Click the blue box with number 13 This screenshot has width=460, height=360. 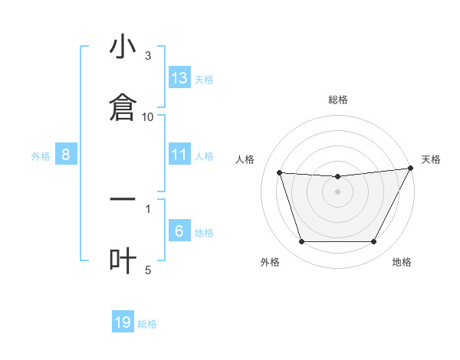pyautogui.click(x=179, y=78)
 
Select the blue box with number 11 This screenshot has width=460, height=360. pyautogui.click(x=179, y=155)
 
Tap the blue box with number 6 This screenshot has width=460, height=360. pyautogui.click(x=179, y=231)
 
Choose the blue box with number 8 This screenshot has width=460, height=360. pyautogui.click(x=66, y=155)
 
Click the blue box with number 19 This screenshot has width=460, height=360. pyautogui.click(x=123, y=322)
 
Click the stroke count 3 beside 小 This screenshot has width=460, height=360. pyautogui.click(x=148, y=56)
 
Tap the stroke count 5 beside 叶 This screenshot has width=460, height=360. pyautogui.click(x=148, y=270)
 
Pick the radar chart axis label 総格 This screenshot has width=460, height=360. pyautogui.click(x=338, y=100)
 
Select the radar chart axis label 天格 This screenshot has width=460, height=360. pyautogui.click(x=431, y=159)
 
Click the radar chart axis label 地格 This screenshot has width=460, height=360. pyautogui.click(x=402, y=263)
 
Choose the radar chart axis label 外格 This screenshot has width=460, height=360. pyautogui.click(x=270, y=263)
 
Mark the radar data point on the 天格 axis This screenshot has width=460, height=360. pyautogui.click(x=410, y=169)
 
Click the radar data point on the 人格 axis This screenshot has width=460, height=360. pyautogui.click(x=280, y=173)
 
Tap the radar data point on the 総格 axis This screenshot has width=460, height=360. pyautogui.click(x=338, y=177)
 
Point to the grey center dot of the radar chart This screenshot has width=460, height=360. pyautogui.click(x=338, y=191)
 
